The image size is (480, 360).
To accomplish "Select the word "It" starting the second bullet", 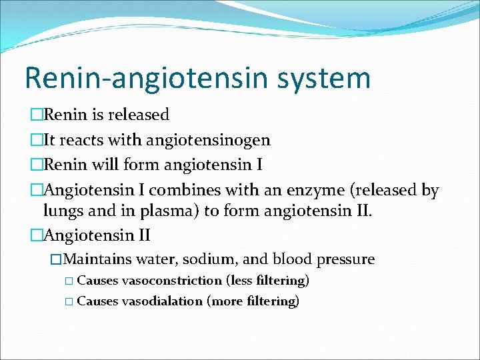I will (51, 140).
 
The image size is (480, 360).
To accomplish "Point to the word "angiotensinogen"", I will (212, 140).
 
